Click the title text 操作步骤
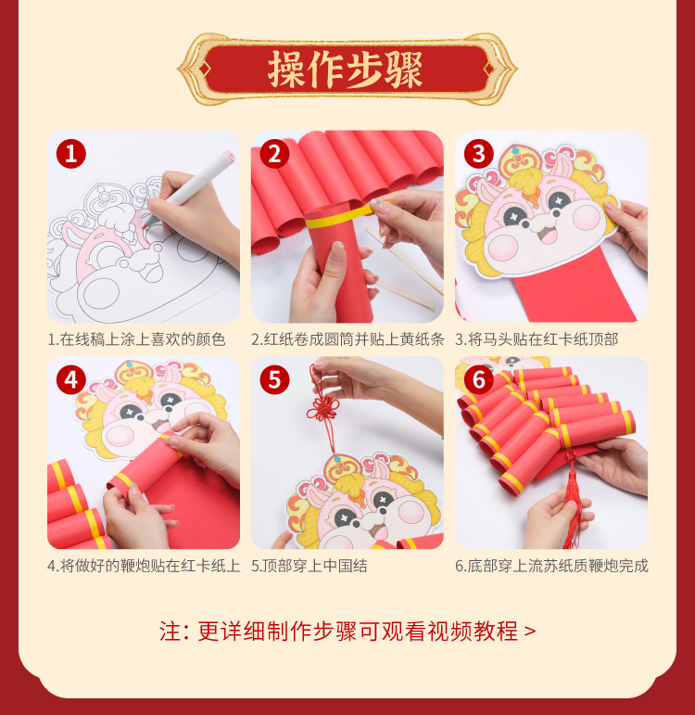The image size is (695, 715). (345, 70)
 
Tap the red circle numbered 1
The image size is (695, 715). (71, 154)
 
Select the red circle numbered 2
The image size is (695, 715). (275, 154)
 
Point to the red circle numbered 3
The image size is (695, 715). (478, 154)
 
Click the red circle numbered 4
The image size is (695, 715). (71, 380)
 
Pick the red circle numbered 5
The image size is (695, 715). (275, 380)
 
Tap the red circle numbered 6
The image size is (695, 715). (478, 380)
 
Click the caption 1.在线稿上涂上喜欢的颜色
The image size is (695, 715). (137, 339)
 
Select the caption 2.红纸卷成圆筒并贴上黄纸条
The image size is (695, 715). (347, 339)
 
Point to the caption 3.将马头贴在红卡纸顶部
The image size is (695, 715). (537, 339)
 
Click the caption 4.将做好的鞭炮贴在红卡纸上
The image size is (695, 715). (144, 566)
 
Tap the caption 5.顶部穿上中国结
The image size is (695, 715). (310, 566)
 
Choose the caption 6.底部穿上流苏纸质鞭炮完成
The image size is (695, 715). (551, 566)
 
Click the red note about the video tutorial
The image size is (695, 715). (347, 632)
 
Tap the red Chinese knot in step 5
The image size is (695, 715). (322, 407)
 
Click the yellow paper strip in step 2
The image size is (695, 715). (347, 216)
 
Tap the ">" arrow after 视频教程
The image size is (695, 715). (530, 632)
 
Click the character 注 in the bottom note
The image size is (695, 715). (170, 632)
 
